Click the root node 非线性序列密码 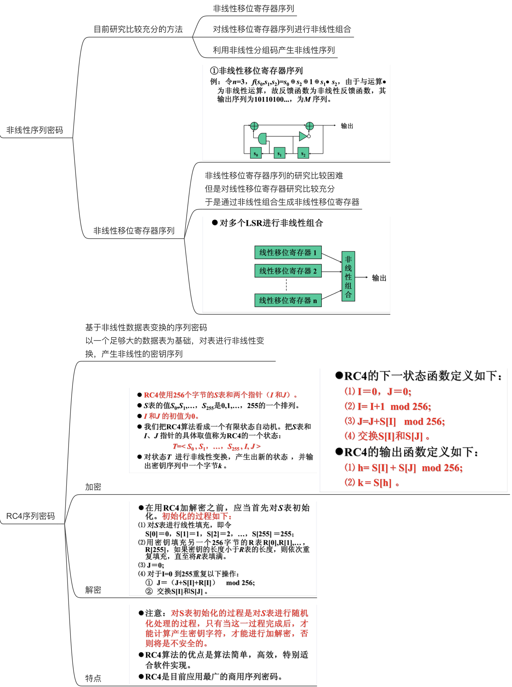tap(35, 130)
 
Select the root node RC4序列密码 tap(30, 516)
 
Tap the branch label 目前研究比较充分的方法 tap(138, 29)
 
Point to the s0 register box tap(255, 153)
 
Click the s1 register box tap(279, 153)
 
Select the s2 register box tap(303, 153)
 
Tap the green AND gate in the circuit tap(262, 138)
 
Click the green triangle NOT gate tap(303, 136)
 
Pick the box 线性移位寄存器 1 tap(288, 252)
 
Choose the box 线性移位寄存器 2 tap(288, 271)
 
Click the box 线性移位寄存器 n tap(288, 300)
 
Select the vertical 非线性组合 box tap(348, 276)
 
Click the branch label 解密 tap(93, 590)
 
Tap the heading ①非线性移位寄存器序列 tap(256, 71)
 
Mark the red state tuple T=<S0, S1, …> tap(216, 446)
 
